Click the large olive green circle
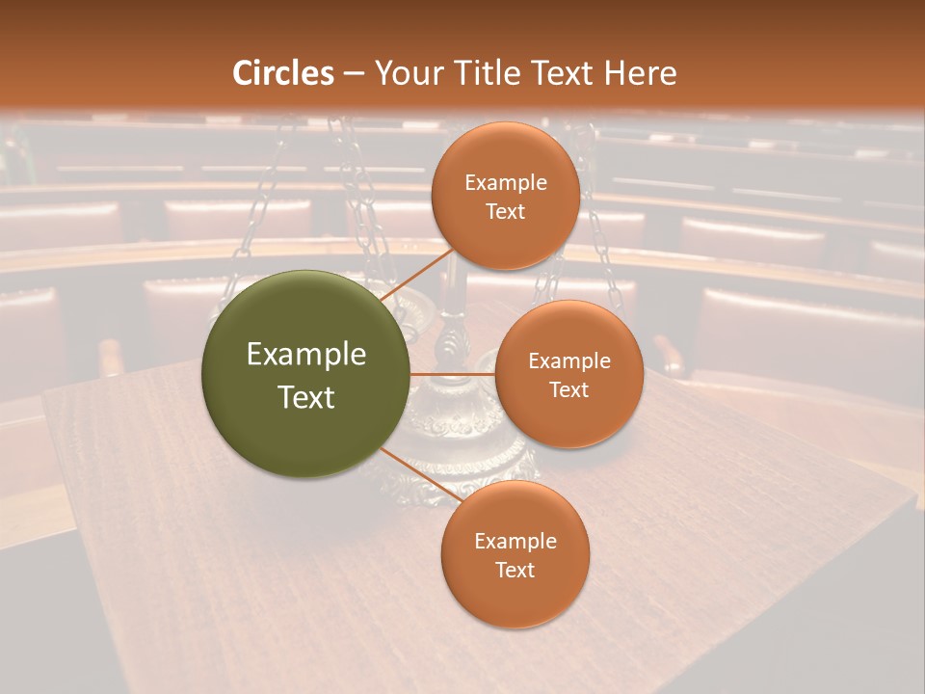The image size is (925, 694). (x=305, y=373)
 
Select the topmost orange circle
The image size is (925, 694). (x=505, y=197)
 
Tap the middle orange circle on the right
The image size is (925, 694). (x=568, y=374)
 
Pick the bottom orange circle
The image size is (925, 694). (x=515, y=555)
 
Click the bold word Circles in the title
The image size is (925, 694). (x=283, y=72)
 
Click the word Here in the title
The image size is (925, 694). (x=640, y=72)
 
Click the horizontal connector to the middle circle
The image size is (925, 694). (x=453, y=373)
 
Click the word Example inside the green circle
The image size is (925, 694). (x=306, y=355)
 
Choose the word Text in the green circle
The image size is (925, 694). (x=306, y=396)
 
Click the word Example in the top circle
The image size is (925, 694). (x=506, y=183)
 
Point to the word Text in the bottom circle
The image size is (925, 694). (x=515, y=570)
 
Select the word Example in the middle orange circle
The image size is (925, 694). (x=569, y=360)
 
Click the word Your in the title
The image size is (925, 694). (x=407, y=72)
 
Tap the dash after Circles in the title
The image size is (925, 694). (x=354, y=73)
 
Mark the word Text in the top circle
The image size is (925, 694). (x=506, y=211)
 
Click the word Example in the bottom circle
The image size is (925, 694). (x=515, y=542)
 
